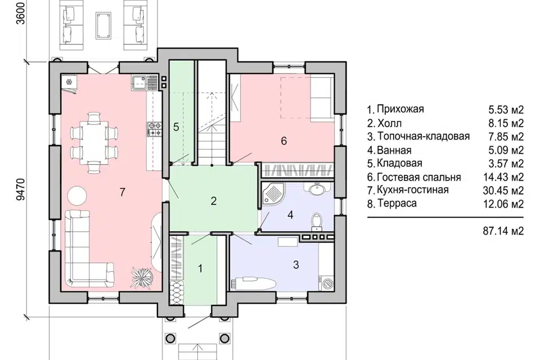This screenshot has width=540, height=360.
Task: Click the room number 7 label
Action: [x=122, y=192]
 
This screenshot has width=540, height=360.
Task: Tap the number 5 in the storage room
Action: [x=176, y=127]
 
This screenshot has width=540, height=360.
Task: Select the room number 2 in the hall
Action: [x=214, y=200]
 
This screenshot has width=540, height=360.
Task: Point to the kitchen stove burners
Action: [x=154, y=129]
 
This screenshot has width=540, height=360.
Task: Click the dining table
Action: [x=94, y=142]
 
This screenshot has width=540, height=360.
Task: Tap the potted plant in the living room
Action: [x=142, y=276]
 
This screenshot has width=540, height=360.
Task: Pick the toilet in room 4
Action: [x=316, y=222]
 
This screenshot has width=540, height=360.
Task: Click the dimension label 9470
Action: [x=21, y=189]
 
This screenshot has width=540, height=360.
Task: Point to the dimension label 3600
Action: [x=21, y=13]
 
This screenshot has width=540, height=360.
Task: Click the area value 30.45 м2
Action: [x=503, y=190]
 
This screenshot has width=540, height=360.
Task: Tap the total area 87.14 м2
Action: [x=503, y=231]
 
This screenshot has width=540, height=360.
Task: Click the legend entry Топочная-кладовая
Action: [x=423, y=136]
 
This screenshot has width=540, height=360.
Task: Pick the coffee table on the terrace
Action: [x=103, y=25]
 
